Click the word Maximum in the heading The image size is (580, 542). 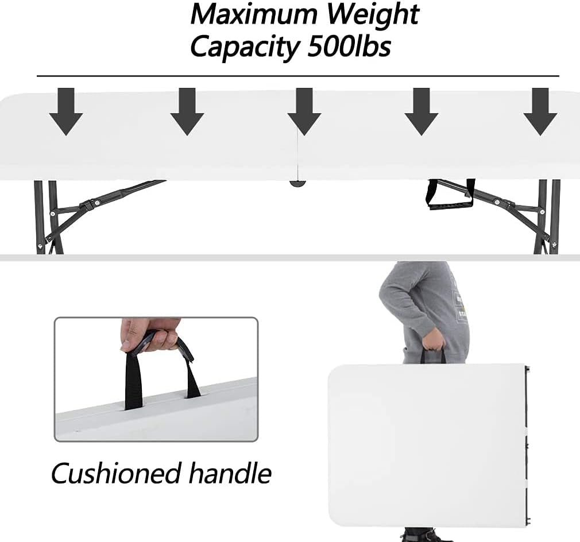pos(254,14)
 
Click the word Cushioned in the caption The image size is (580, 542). pos(116,473)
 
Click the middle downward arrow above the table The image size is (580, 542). pos(304,111)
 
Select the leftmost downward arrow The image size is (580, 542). pos(66,111)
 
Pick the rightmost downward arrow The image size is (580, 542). pos(540,111)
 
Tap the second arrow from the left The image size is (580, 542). pos(187,111)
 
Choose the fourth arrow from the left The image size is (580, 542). pos(422,111)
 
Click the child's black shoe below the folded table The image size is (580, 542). pos(426,536)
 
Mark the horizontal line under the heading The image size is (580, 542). pos(298,76)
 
